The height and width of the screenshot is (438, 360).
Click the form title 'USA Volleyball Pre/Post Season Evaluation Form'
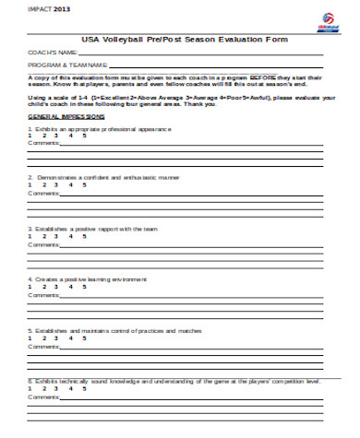point(185,40)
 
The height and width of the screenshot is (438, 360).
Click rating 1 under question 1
point(30,136)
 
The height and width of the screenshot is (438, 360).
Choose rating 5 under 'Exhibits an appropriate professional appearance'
point(85,136)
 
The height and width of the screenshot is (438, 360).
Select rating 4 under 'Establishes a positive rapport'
point(71,235)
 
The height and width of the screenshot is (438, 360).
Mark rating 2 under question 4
point(43,286)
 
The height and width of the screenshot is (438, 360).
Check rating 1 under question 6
point(30,387)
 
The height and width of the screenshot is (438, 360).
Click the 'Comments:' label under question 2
point(43,194)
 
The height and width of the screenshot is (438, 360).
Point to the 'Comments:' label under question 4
point(43,295)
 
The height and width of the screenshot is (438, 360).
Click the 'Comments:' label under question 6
point(43,396)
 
